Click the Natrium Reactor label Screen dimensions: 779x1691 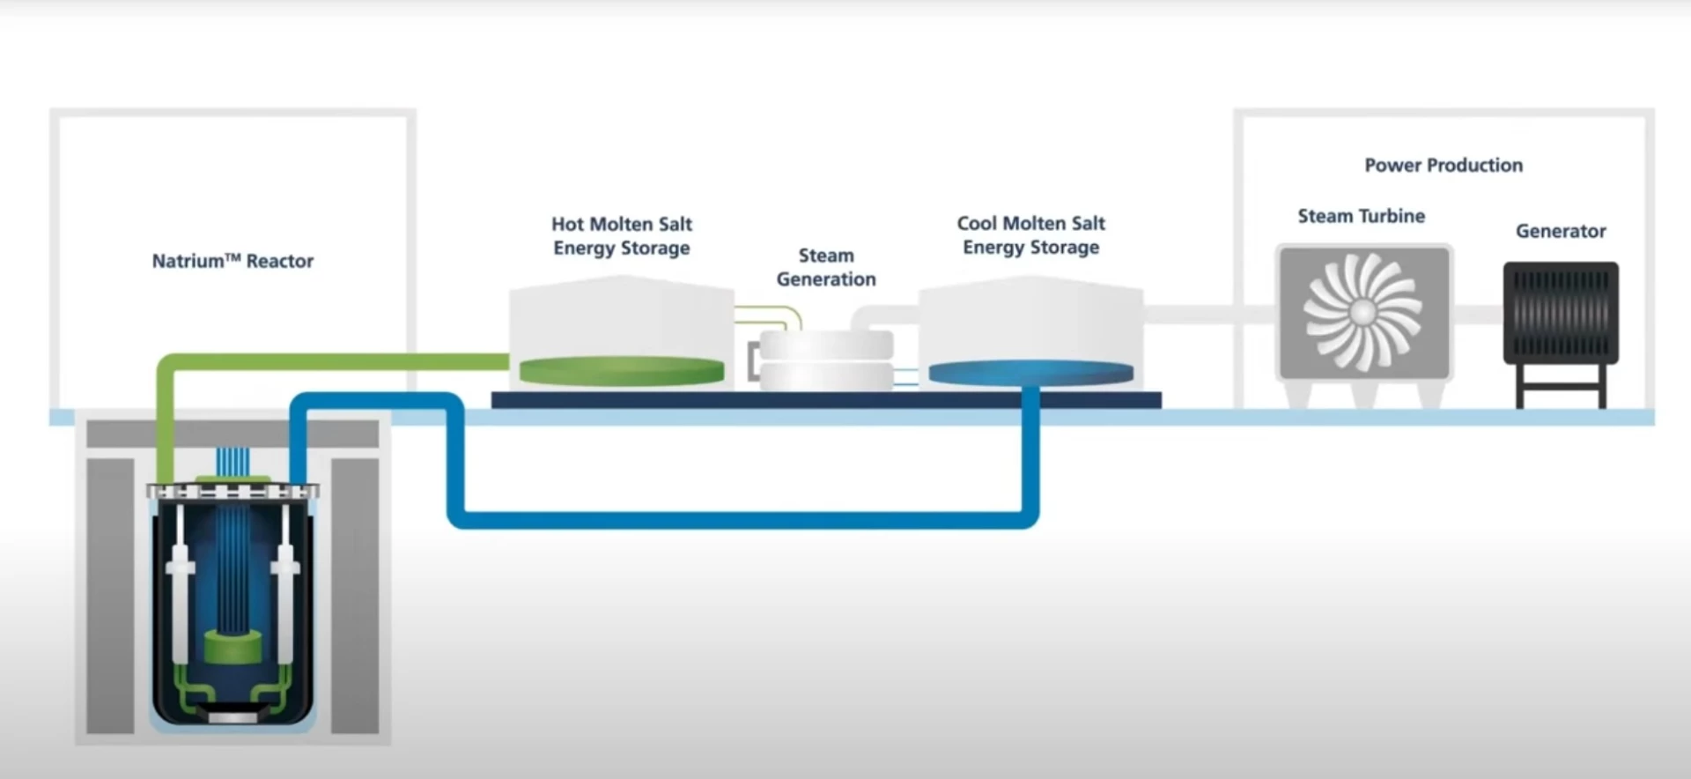(x=233, y=261)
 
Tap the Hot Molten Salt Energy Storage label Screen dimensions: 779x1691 (x=622, y=236)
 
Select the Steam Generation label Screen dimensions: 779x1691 (x=826, y=267)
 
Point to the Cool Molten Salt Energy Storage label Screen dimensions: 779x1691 (x=1030, y=235)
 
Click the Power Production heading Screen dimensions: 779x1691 (x=1443, y=165)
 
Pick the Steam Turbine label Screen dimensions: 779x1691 (x=1361, y=216)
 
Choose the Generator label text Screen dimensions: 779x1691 (x=1561, y=231)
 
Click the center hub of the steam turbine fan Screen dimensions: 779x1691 (x=1362, y=312)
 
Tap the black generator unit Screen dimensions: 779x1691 (x=1561, y=313)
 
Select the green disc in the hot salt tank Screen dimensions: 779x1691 (x=622, y=371)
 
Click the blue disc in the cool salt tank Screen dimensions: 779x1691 (x=1030, y=374)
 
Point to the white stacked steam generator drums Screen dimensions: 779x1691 (x=826, y=361)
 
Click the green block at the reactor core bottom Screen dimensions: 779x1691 (x=234, y=648)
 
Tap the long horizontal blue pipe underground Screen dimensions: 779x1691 (x=740, y=519)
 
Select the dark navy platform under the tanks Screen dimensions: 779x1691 (x=826, y=401)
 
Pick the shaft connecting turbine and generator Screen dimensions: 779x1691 (x=1477, y=314)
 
